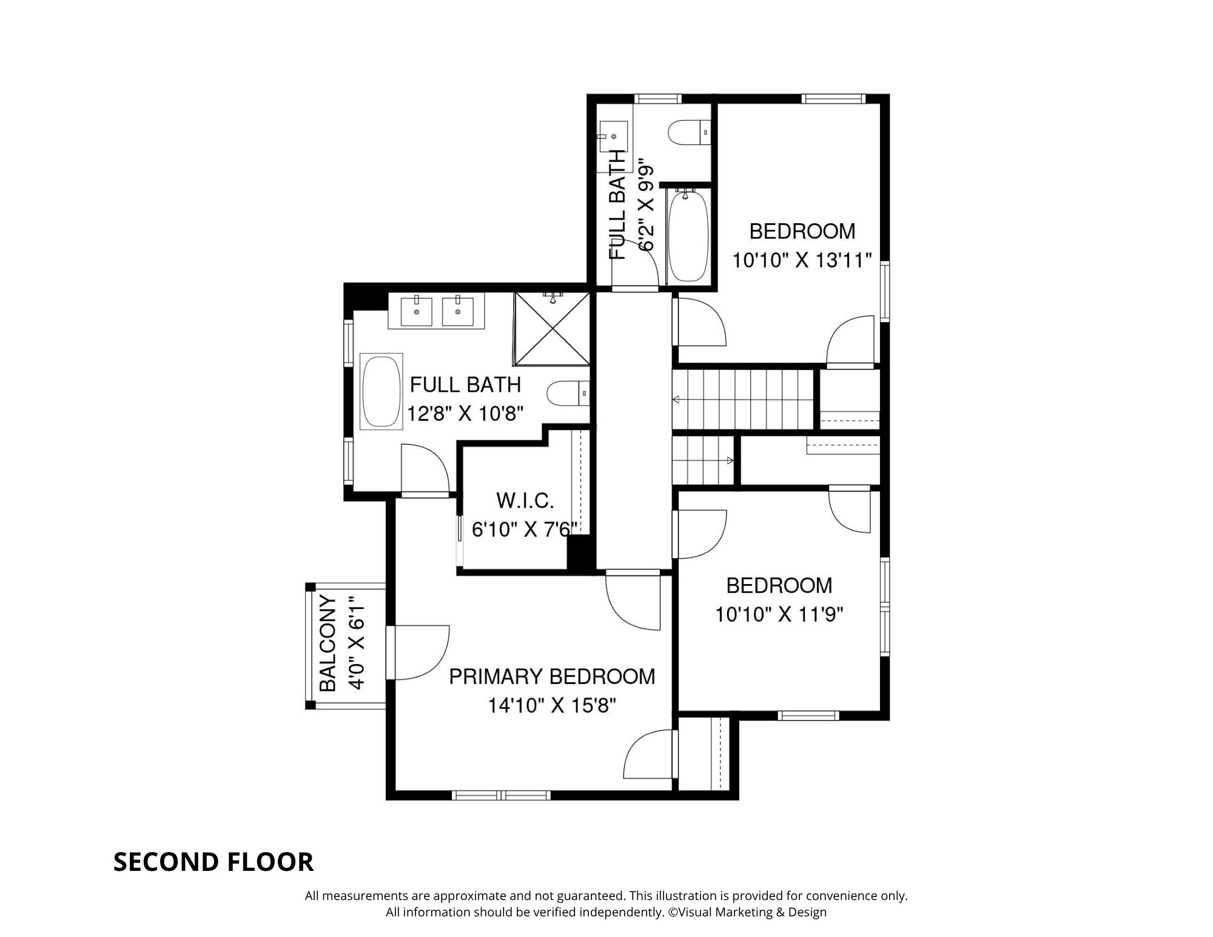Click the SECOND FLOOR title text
[213, 862]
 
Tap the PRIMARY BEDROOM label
[552, 676]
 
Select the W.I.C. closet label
[525, 501]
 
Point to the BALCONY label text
[328, 643]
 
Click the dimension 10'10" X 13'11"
[802, 261]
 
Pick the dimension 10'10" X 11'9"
[779, 615]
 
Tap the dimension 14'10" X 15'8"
[552, 706]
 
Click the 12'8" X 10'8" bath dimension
[465, 414]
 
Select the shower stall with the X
[552, 329]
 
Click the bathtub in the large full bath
[381, 392]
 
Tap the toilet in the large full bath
[568, 393]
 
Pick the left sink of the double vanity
[417, 309]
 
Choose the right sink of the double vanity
[457, 309]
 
